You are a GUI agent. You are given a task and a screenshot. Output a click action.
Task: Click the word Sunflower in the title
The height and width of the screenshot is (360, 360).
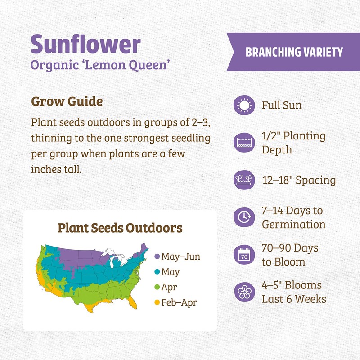click(85, 44)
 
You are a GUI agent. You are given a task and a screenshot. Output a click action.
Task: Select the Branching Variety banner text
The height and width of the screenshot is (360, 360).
click(294, 52)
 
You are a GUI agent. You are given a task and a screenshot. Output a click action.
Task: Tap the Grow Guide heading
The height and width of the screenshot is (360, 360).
click(67, 102)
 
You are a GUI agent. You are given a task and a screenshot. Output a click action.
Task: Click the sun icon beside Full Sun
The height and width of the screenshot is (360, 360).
click(244, 106)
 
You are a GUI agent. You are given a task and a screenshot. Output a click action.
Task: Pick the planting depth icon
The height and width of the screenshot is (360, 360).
click(244, 143)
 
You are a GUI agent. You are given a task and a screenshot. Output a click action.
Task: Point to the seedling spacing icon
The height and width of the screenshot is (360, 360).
click(244, 180)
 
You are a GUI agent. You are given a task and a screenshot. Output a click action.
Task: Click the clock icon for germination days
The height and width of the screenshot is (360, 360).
click(244, 217)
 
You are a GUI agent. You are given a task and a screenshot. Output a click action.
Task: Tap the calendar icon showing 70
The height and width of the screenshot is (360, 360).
click(244, 255)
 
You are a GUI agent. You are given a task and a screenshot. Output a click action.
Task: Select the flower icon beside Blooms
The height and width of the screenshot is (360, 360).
click(244, 292)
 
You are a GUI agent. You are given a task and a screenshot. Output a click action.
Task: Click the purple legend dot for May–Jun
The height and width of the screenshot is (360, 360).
click(157, 257)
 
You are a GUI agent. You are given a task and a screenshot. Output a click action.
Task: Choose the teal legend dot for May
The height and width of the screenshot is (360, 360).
click(157, 272)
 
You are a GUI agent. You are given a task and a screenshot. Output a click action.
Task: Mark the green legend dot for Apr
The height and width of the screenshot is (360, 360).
click(157, 287)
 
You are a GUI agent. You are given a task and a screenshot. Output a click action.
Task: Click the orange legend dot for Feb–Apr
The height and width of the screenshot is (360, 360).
click(157, 302)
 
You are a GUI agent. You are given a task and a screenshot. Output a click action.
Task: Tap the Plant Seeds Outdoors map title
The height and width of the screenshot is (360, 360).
click(120, 228)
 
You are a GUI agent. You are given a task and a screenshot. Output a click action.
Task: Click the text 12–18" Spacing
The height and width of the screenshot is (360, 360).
click(299, 180)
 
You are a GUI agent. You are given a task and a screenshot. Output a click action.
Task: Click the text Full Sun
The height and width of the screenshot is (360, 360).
click(282, 106)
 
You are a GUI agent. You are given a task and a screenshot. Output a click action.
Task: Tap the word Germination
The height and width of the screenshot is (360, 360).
click(293, 224)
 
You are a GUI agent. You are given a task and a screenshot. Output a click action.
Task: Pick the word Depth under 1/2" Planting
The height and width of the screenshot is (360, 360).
click(277, 149)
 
